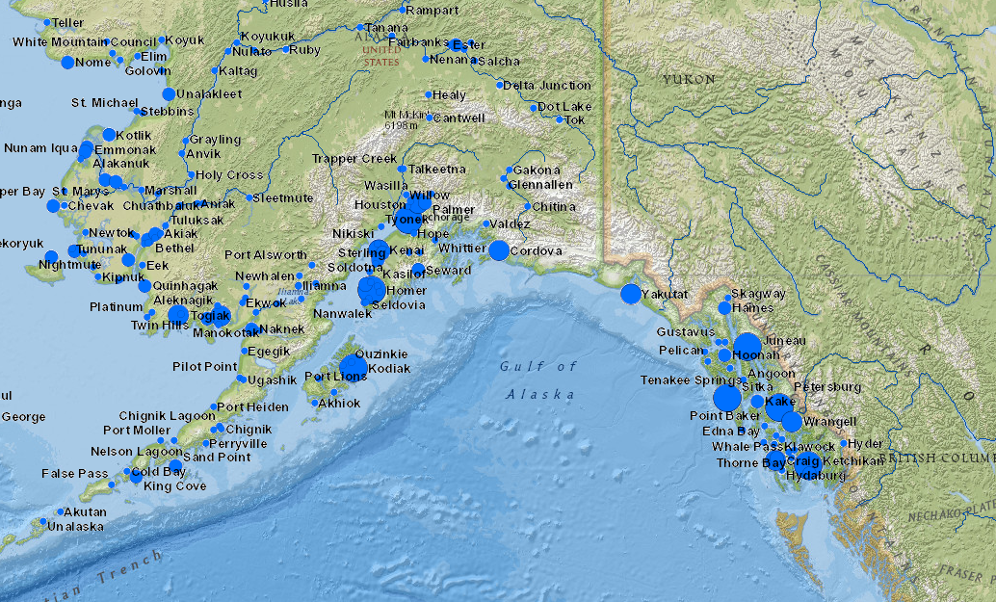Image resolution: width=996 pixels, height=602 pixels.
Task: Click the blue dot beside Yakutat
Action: point(630,294)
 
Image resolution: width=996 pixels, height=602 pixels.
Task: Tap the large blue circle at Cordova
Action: point(499,250)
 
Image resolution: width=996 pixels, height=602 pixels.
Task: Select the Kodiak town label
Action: point(390,369)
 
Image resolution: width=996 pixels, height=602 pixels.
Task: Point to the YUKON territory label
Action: point(689,79)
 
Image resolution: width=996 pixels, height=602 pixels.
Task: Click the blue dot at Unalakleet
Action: point(169,94)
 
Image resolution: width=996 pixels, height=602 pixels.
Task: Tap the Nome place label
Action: point(93,63)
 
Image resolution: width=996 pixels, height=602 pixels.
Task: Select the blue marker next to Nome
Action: point(67,63)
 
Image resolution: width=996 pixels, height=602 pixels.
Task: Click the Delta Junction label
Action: point(547,85)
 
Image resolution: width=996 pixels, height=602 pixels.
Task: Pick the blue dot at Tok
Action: point(560,120)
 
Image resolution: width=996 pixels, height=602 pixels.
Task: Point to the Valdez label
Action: point(511,223)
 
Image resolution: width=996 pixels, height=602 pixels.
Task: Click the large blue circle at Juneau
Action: point(747,346)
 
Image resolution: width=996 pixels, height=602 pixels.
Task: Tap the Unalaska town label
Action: point(75,527)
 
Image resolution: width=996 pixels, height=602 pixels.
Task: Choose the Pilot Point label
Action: point(204,367)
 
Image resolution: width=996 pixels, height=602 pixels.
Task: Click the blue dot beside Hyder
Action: point(844,444)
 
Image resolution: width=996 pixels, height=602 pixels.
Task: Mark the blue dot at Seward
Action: point(419,270)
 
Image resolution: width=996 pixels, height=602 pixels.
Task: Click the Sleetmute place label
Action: point(283,197)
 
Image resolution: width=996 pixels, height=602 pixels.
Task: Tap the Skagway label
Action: point(759,293)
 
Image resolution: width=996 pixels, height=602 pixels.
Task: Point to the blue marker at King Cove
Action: point(175,466)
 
